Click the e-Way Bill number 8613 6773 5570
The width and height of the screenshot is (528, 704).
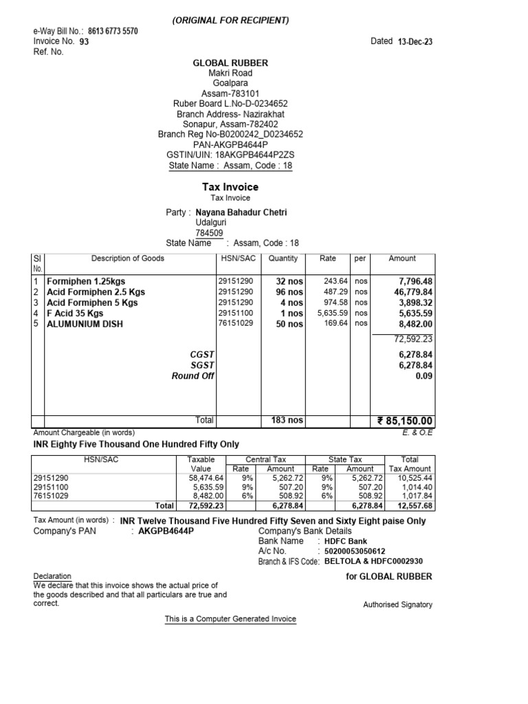tap(113, 32)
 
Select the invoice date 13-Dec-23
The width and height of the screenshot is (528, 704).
tap(415, 42)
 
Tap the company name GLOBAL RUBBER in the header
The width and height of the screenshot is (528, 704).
tap(230, 63)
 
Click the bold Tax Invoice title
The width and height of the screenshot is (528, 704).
tap(230, 187)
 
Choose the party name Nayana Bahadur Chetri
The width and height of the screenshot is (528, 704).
tap(241, 212)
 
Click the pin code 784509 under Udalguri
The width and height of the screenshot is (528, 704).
tap(210, 233)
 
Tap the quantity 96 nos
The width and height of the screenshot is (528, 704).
tap(289, 292)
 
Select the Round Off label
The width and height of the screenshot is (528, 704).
tap(193, 376)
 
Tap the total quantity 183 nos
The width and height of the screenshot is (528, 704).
tap(287, 420)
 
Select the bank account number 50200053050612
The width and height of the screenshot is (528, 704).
tap(355, 551)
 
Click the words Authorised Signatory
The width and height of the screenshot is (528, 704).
tap(397, 605)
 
